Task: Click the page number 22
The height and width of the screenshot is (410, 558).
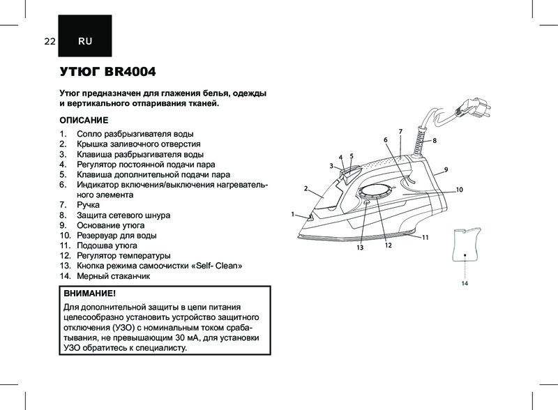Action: pos(50,41)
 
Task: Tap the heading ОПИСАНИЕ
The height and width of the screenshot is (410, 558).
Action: pos(84,119)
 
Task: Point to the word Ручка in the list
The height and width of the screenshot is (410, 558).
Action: pos(89,205)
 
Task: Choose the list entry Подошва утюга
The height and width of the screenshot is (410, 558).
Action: pos(107,246)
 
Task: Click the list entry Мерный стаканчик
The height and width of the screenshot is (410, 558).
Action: pos(113,276)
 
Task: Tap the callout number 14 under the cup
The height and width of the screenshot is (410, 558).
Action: pos(464,284)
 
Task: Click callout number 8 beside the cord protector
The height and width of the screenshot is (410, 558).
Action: pos(435,141)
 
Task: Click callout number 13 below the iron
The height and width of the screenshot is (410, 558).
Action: pos(361,248)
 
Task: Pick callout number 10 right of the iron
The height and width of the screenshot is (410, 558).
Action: pos(460,190)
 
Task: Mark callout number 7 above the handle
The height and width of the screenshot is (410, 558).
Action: pos(400,131)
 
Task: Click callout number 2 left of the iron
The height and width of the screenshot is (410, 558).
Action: pos(306,188)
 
